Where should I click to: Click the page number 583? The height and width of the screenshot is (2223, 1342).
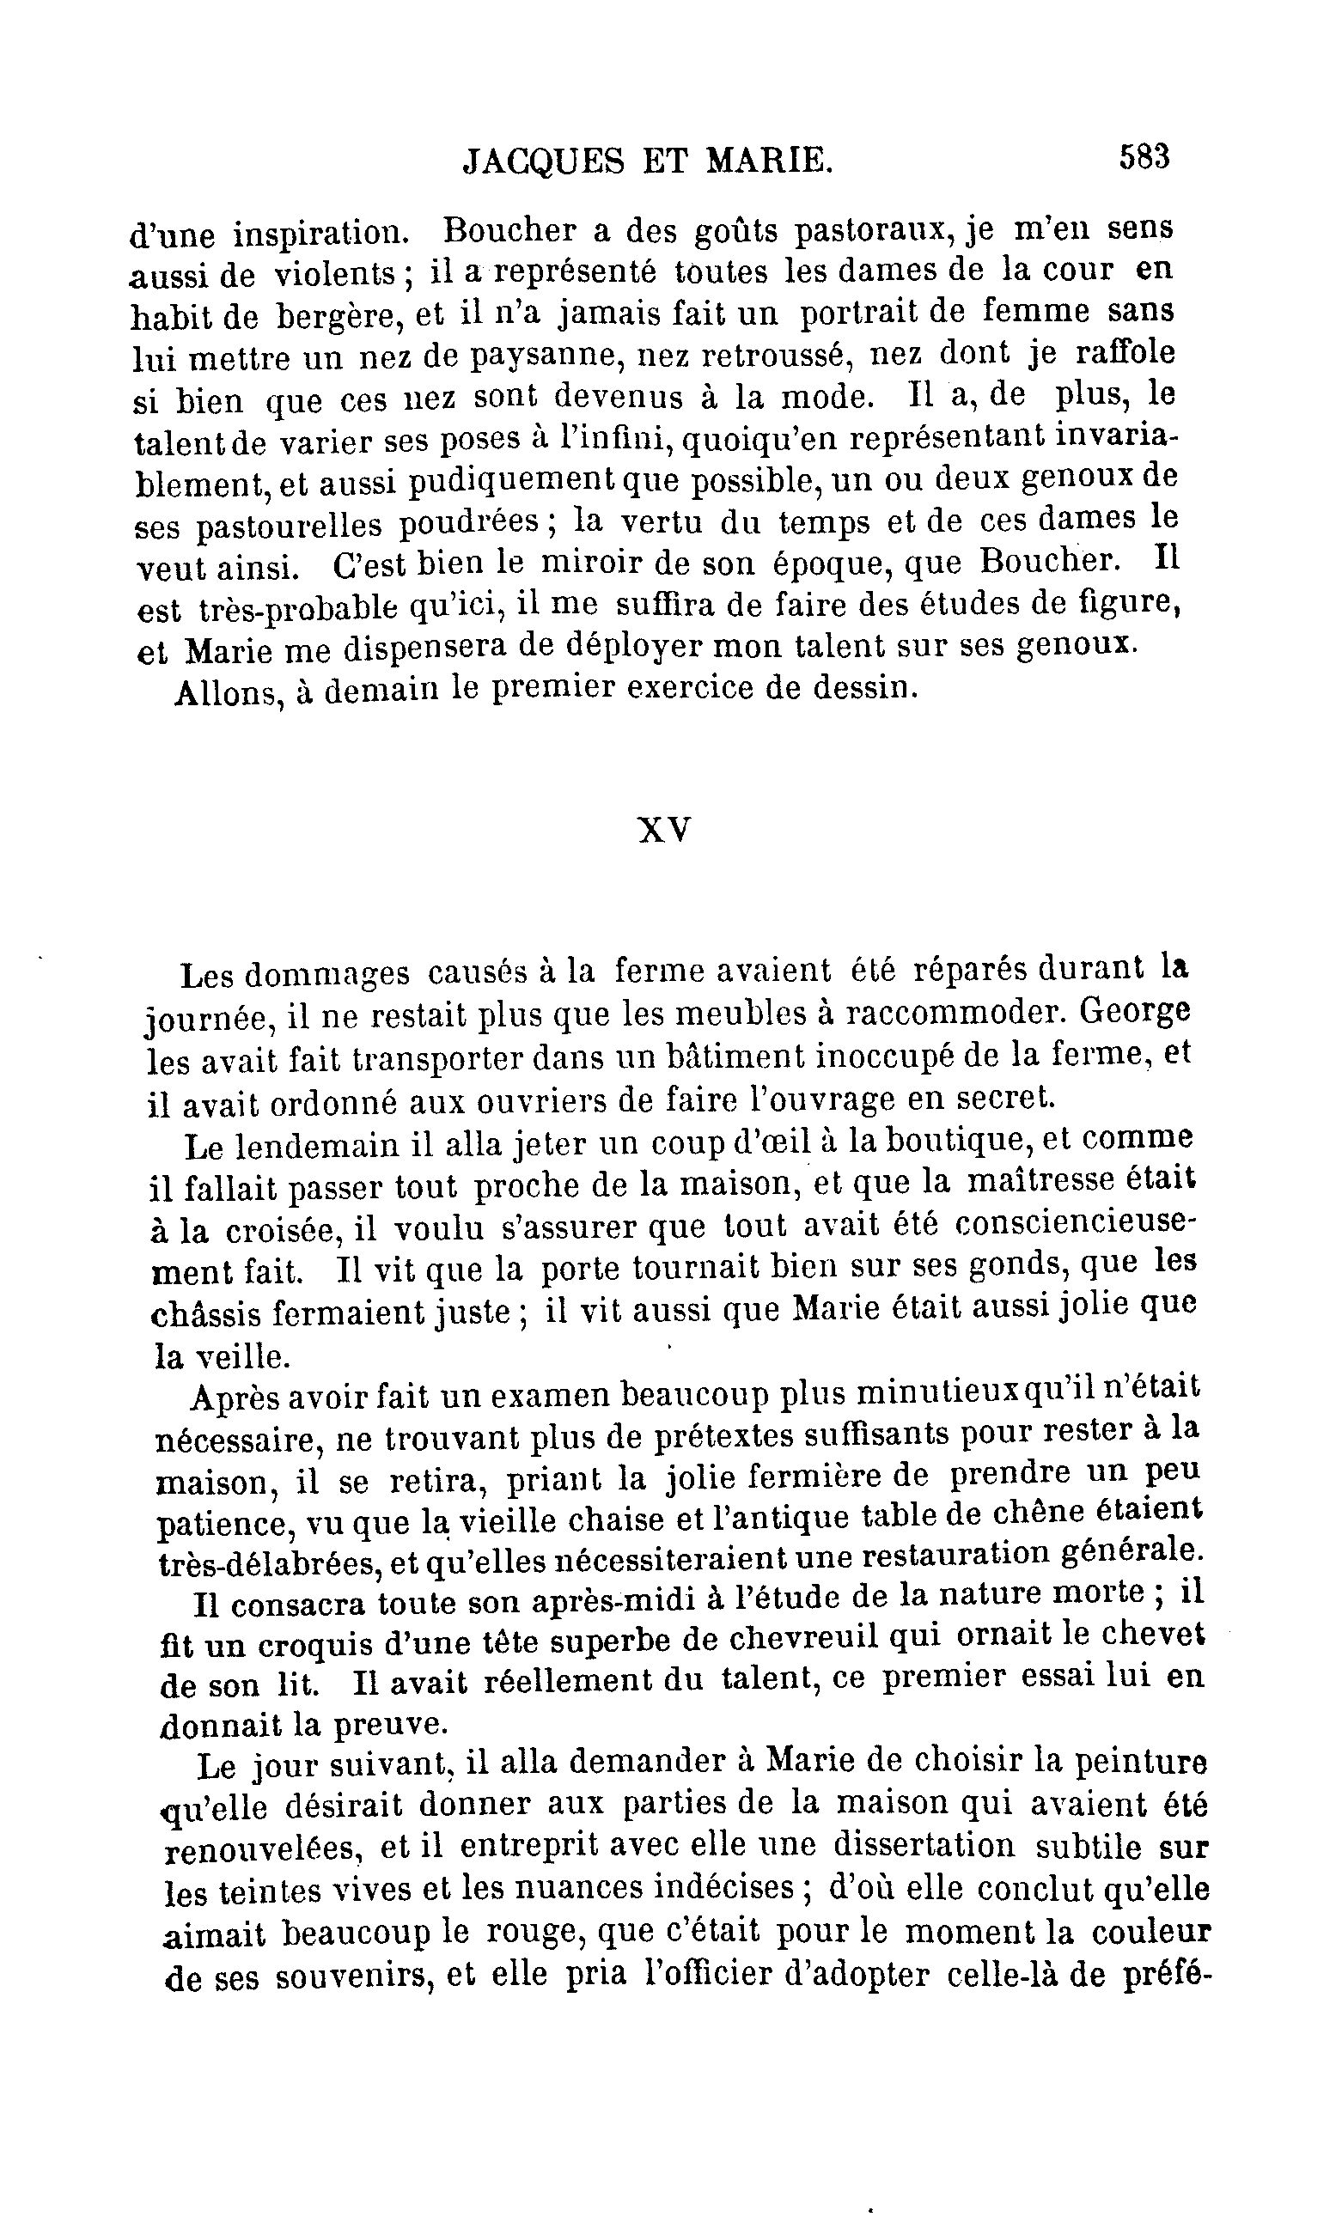pos(1144,157)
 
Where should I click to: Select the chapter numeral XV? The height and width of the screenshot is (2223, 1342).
pos(664,829)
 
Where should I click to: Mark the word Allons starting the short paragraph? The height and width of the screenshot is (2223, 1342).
pos(224,693)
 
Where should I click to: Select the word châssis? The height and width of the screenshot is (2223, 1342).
pos(204,1313)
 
